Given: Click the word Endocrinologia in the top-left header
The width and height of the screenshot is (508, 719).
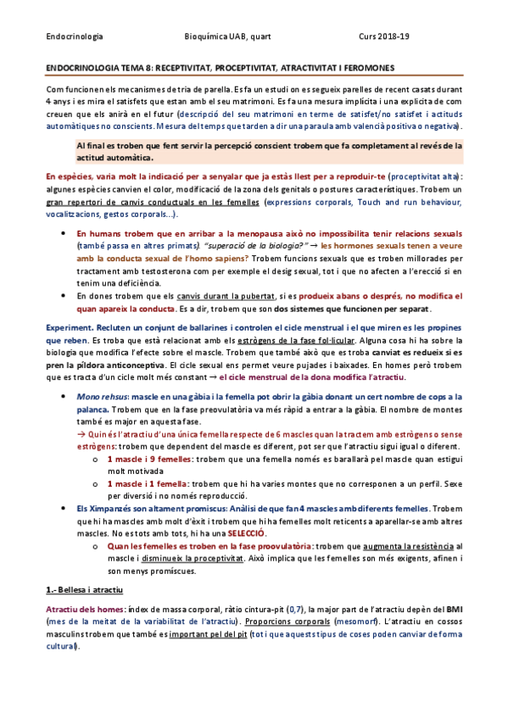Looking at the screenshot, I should [x=74, y=36].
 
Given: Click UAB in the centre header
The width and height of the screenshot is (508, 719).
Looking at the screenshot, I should [x=239, y=36].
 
